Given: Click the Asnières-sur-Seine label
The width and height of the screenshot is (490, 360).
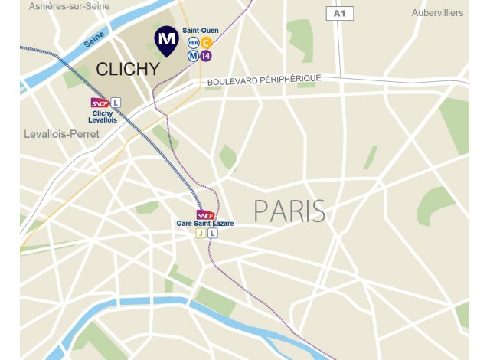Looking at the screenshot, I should coord(69,6).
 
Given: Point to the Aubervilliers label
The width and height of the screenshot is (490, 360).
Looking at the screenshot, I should coord(437,13).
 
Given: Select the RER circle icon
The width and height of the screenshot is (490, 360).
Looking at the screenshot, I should coord(193,43).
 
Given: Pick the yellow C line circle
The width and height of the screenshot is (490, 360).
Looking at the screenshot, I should coord(206,43).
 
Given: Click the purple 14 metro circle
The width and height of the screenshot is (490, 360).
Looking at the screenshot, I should coord(206,55).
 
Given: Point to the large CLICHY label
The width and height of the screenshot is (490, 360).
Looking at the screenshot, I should coord(128,69).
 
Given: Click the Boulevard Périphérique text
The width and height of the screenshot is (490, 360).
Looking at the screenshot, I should coord(263,80).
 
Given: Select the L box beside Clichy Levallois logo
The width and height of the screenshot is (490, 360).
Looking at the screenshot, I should coord(116,102).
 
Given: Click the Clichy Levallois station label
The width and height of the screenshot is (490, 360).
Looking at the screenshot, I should coord(101,116).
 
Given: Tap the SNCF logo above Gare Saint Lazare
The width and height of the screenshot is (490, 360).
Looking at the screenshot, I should coord(205,214).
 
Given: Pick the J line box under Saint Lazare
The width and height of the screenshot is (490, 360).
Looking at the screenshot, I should coord(201,234).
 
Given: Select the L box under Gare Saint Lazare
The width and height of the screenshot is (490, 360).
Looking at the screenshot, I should coord(213,234).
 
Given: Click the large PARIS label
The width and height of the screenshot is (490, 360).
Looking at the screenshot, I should coord(289,211).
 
